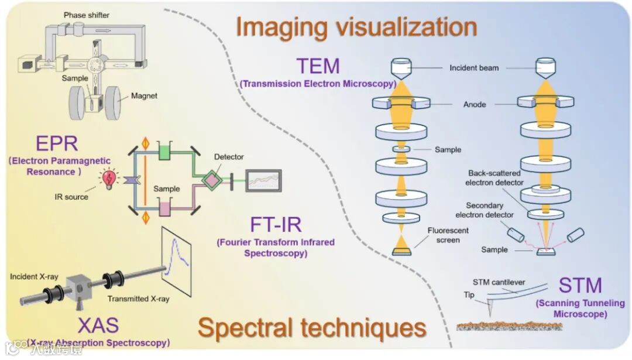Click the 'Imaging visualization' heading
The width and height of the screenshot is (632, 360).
(356, 27)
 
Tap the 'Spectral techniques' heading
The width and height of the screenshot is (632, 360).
(311, 328)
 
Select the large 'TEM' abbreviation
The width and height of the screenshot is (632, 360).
(318, 67)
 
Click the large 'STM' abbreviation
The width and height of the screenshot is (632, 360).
(580, 286)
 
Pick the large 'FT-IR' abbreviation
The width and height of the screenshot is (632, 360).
(276, 224)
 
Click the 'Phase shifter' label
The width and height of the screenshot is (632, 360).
(87, 15)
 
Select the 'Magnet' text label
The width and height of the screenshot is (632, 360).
(145, 95)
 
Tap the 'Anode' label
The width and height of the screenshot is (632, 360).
(475, 104)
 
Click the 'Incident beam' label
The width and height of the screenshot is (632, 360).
(474, 68)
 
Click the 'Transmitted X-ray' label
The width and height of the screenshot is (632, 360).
(138, 299)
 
